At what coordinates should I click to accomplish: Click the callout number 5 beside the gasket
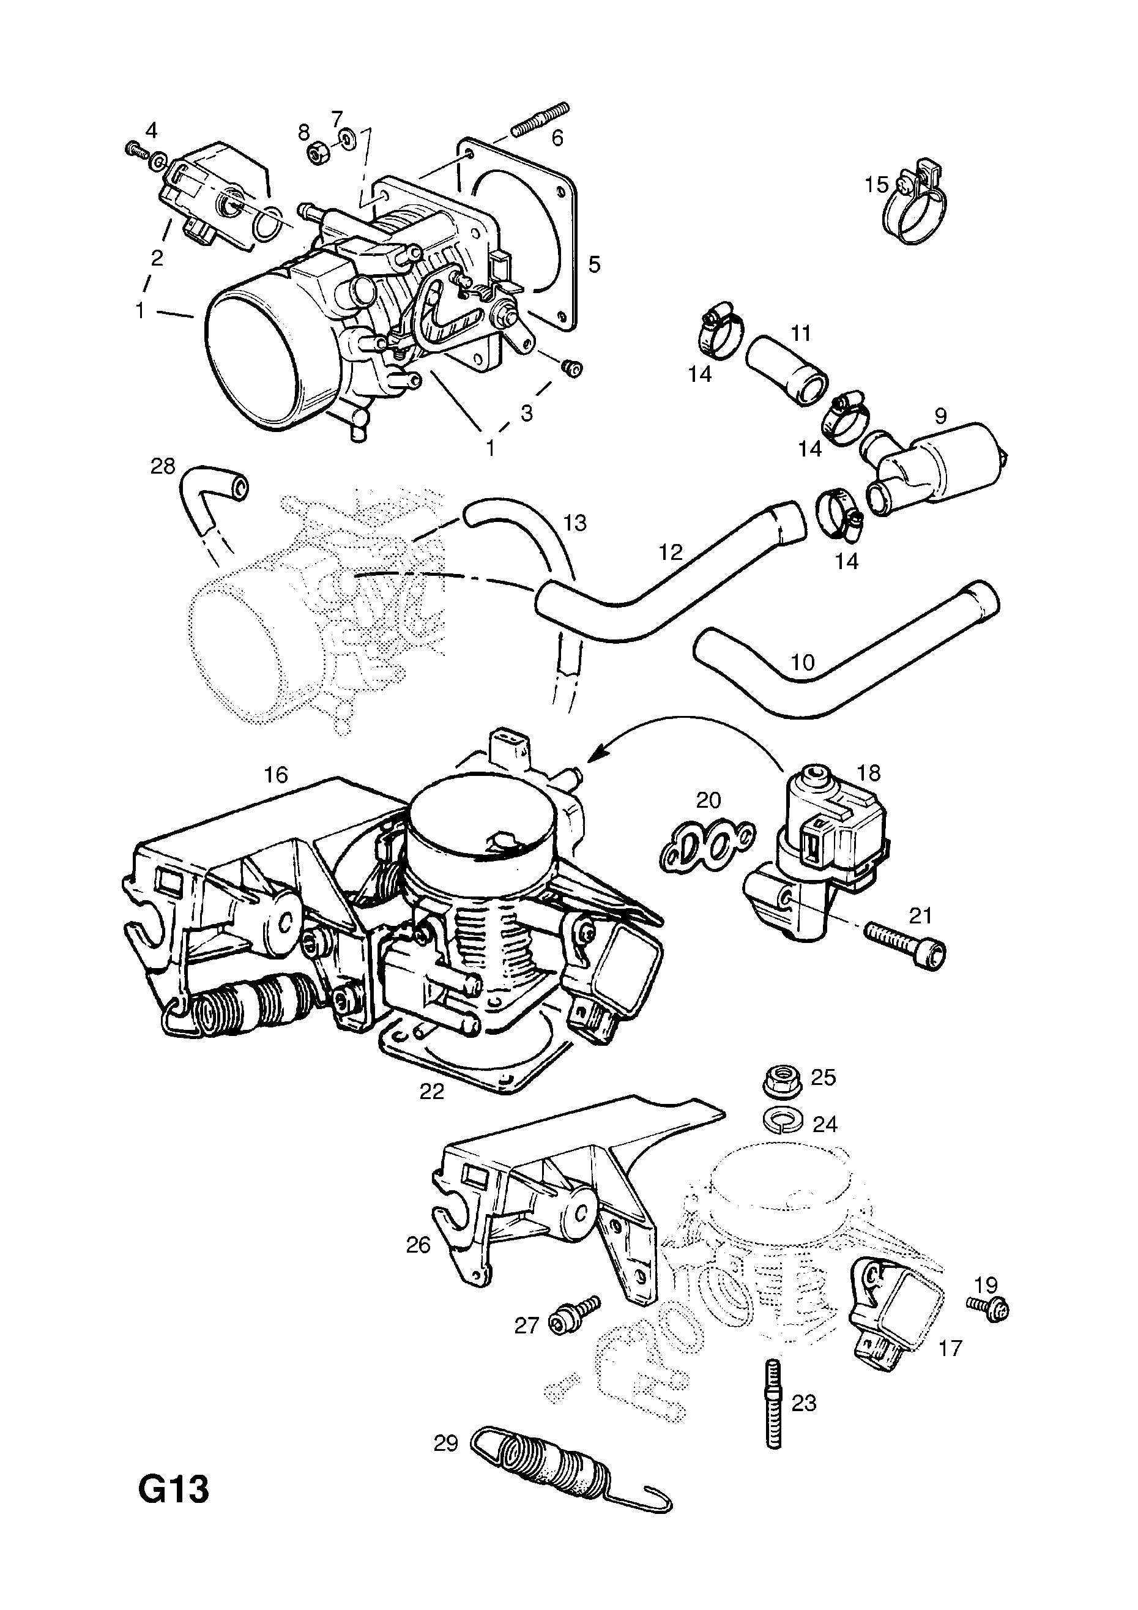click(x=594, y=265)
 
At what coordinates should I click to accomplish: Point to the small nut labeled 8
click(x=319, y=154)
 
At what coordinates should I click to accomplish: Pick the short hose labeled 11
click(x=786, y=371)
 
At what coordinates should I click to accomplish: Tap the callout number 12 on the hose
click(x=671, y=553)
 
